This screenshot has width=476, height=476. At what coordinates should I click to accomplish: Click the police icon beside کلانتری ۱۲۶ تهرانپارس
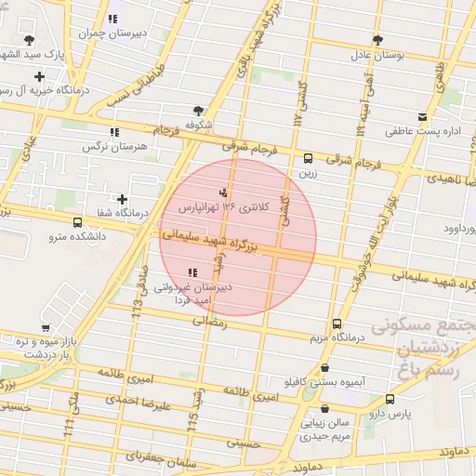(221, 193)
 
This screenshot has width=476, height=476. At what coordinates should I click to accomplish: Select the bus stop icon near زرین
(309, 157)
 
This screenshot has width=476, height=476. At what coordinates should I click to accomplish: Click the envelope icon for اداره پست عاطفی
(424, 117)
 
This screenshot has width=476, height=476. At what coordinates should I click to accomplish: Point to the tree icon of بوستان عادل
(377, 40)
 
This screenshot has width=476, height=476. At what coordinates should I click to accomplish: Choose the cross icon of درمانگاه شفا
(123, 199)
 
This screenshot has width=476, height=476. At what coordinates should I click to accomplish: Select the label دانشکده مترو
(78, 237)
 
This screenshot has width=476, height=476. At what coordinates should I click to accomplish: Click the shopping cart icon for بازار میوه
(46, 327)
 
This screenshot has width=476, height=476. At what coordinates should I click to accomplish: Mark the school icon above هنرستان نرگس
(114, 133)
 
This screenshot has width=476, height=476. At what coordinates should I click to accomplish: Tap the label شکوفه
(199, 123)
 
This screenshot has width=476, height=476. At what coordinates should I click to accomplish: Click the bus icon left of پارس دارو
(390, 400)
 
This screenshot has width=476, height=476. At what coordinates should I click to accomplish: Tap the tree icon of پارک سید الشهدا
(31, 40)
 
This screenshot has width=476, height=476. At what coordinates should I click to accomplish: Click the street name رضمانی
(209, 320)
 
